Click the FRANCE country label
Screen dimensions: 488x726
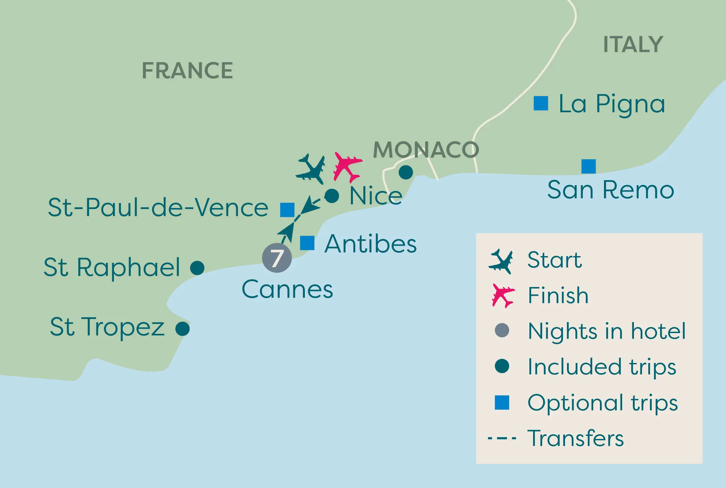[187, 71]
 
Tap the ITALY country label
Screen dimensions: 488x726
[633, 44]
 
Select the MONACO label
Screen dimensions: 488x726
[426, 150]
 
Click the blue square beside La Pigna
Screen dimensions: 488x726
[541, 103]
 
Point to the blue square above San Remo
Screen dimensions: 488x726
[589, 166]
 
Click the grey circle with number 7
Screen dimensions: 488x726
[277, 258]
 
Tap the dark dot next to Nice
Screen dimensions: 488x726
[332, 196]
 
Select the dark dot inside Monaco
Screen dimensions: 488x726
[406, 172]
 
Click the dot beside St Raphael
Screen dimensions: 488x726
[197, 268]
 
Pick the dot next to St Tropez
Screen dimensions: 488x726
[183, 329]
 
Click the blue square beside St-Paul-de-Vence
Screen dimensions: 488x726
[287, 210]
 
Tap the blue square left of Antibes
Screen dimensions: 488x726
[307, 243]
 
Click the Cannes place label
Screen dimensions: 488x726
[287, 289]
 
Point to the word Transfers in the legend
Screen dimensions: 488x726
[575, 438]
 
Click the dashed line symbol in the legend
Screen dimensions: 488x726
[502, 438]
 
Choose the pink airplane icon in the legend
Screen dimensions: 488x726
[502, 296]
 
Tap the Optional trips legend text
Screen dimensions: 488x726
[602, 403]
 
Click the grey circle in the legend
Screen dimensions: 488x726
[502, 330]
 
